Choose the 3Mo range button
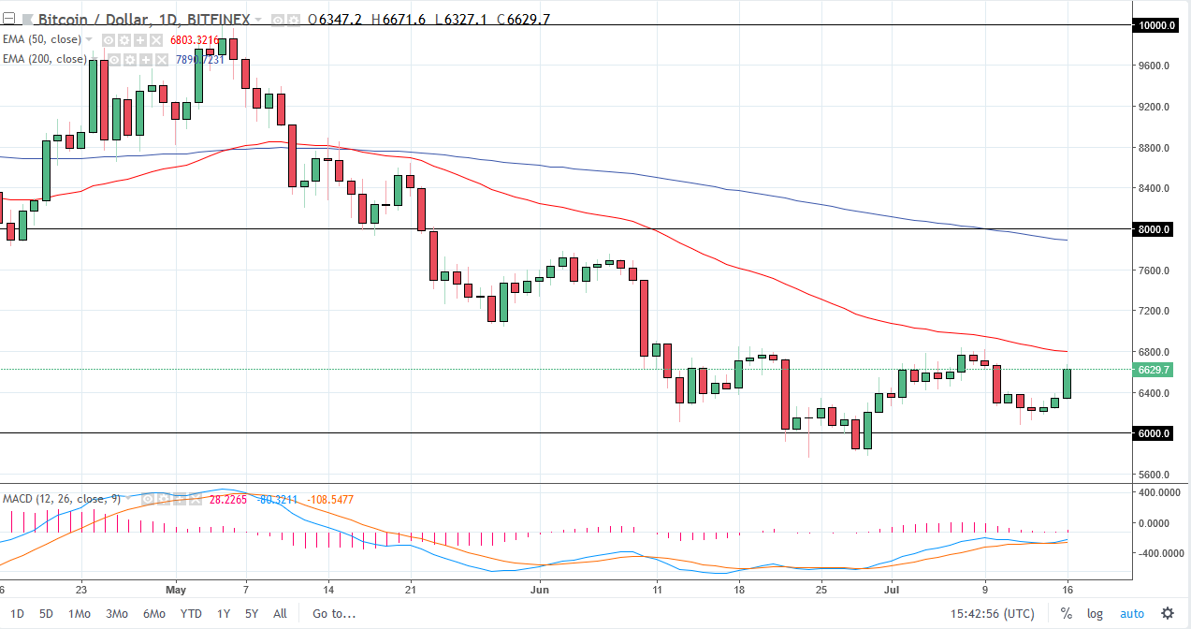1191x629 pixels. coord(116,614)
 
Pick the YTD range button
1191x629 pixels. coord(191,614)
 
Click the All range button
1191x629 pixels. coord(279,614)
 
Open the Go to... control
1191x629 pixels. coord(334,614)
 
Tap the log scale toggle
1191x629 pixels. coord(1095,614)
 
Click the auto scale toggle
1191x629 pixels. coord(1132,614)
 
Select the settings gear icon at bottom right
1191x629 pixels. coord(1168,614)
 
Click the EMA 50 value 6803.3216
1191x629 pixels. coord(195,40)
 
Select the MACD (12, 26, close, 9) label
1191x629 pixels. coord(61,499)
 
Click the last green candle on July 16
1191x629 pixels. coord(1068,383)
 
